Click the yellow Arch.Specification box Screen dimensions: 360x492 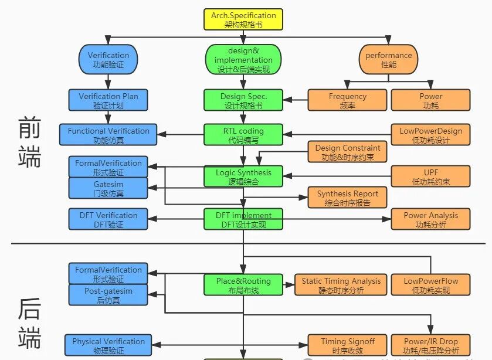pos(243,19)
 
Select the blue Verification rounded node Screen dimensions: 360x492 pos(108,60)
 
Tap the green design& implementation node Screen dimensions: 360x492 pos(243,60)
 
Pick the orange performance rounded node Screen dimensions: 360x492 pos(388,60)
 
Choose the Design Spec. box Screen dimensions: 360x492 pos(243,101)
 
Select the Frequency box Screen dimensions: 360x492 pos(347,101)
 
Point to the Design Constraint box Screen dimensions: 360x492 pos(347,152)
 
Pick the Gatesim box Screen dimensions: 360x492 pos(108,189)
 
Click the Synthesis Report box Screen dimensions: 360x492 pos(347,198)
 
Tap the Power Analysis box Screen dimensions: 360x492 pos(430,219)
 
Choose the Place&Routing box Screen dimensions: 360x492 pos(243,285)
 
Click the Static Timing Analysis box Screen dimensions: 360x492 pos(341,285)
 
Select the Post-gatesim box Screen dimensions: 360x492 pos(108,296)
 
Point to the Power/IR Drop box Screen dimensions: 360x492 pos(430,345)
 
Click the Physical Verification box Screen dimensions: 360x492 pos(108,345)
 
